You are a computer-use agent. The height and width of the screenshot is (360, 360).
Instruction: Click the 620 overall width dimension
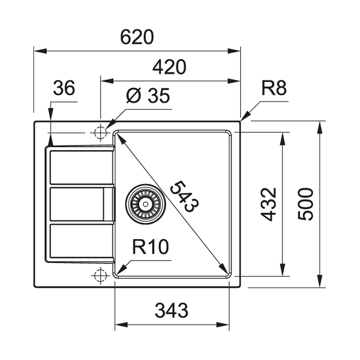(x=137, y=37)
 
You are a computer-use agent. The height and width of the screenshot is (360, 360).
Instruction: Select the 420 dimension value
(x=169, y=67)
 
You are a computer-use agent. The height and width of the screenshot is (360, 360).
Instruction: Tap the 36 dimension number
(x=64, y=88)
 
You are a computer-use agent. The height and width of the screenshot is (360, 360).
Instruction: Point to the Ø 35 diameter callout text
(x=148, y=96)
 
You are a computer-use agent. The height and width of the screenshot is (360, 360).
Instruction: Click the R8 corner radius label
(x=274, y=89)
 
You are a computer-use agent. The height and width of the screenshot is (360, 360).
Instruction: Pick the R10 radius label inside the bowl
(x=150, y=247)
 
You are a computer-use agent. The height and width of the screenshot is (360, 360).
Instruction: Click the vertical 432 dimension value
(x=270, y=204)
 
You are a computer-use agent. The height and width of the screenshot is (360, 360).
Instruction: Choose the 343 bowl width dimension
(x=172, y=310)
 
